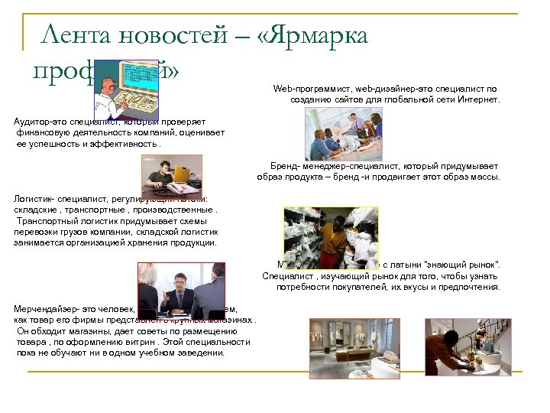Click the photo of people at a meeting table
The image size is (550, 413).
click(344, 133)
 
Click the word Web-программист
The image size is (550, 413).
click(306, 89)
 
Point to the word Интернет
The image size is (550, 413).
click(478, 99)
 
